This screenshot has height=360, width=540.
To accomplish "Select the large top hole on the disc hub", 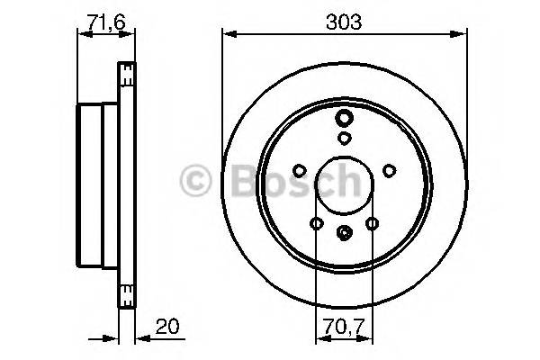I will (345, 119).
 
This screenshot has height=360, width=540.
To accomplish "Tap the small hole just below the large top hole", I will (345, 138).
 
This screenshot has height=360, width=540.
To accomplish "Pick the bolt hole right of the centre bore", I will (389, 170).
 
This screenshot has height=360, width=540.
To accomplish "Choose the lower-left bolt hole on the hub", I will (316, 224).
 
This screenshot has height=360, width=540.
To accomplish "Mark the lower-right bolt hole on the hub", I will (372, 224).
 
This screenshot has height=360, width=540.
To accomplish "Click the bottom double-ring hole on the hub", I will (345, 232).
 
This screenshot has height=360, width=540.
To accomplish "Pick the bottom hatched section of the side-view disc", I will (128, 292).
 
